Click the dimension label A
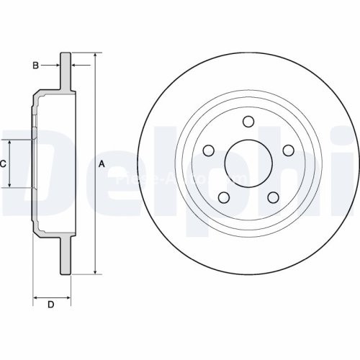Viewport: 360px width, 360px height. click(102, 164)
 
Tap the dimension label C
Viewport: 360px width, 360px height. click(3, 164)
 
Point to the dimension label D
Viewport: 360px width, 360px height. click(50, 305)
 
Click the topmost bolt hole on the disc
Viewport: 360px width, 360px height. click(248, 121)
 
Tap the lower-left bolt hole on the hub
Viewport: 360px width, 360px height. click(224, 197)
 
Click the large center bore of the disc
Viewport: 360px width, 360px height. click(248, 163)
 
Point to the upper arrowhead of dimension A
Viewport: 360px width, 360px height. click(94, 55)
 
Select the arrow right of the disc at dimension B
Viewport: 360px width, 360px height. click(75, 66)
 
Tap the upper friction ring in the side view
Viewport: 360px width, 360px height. click(66, 72)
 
